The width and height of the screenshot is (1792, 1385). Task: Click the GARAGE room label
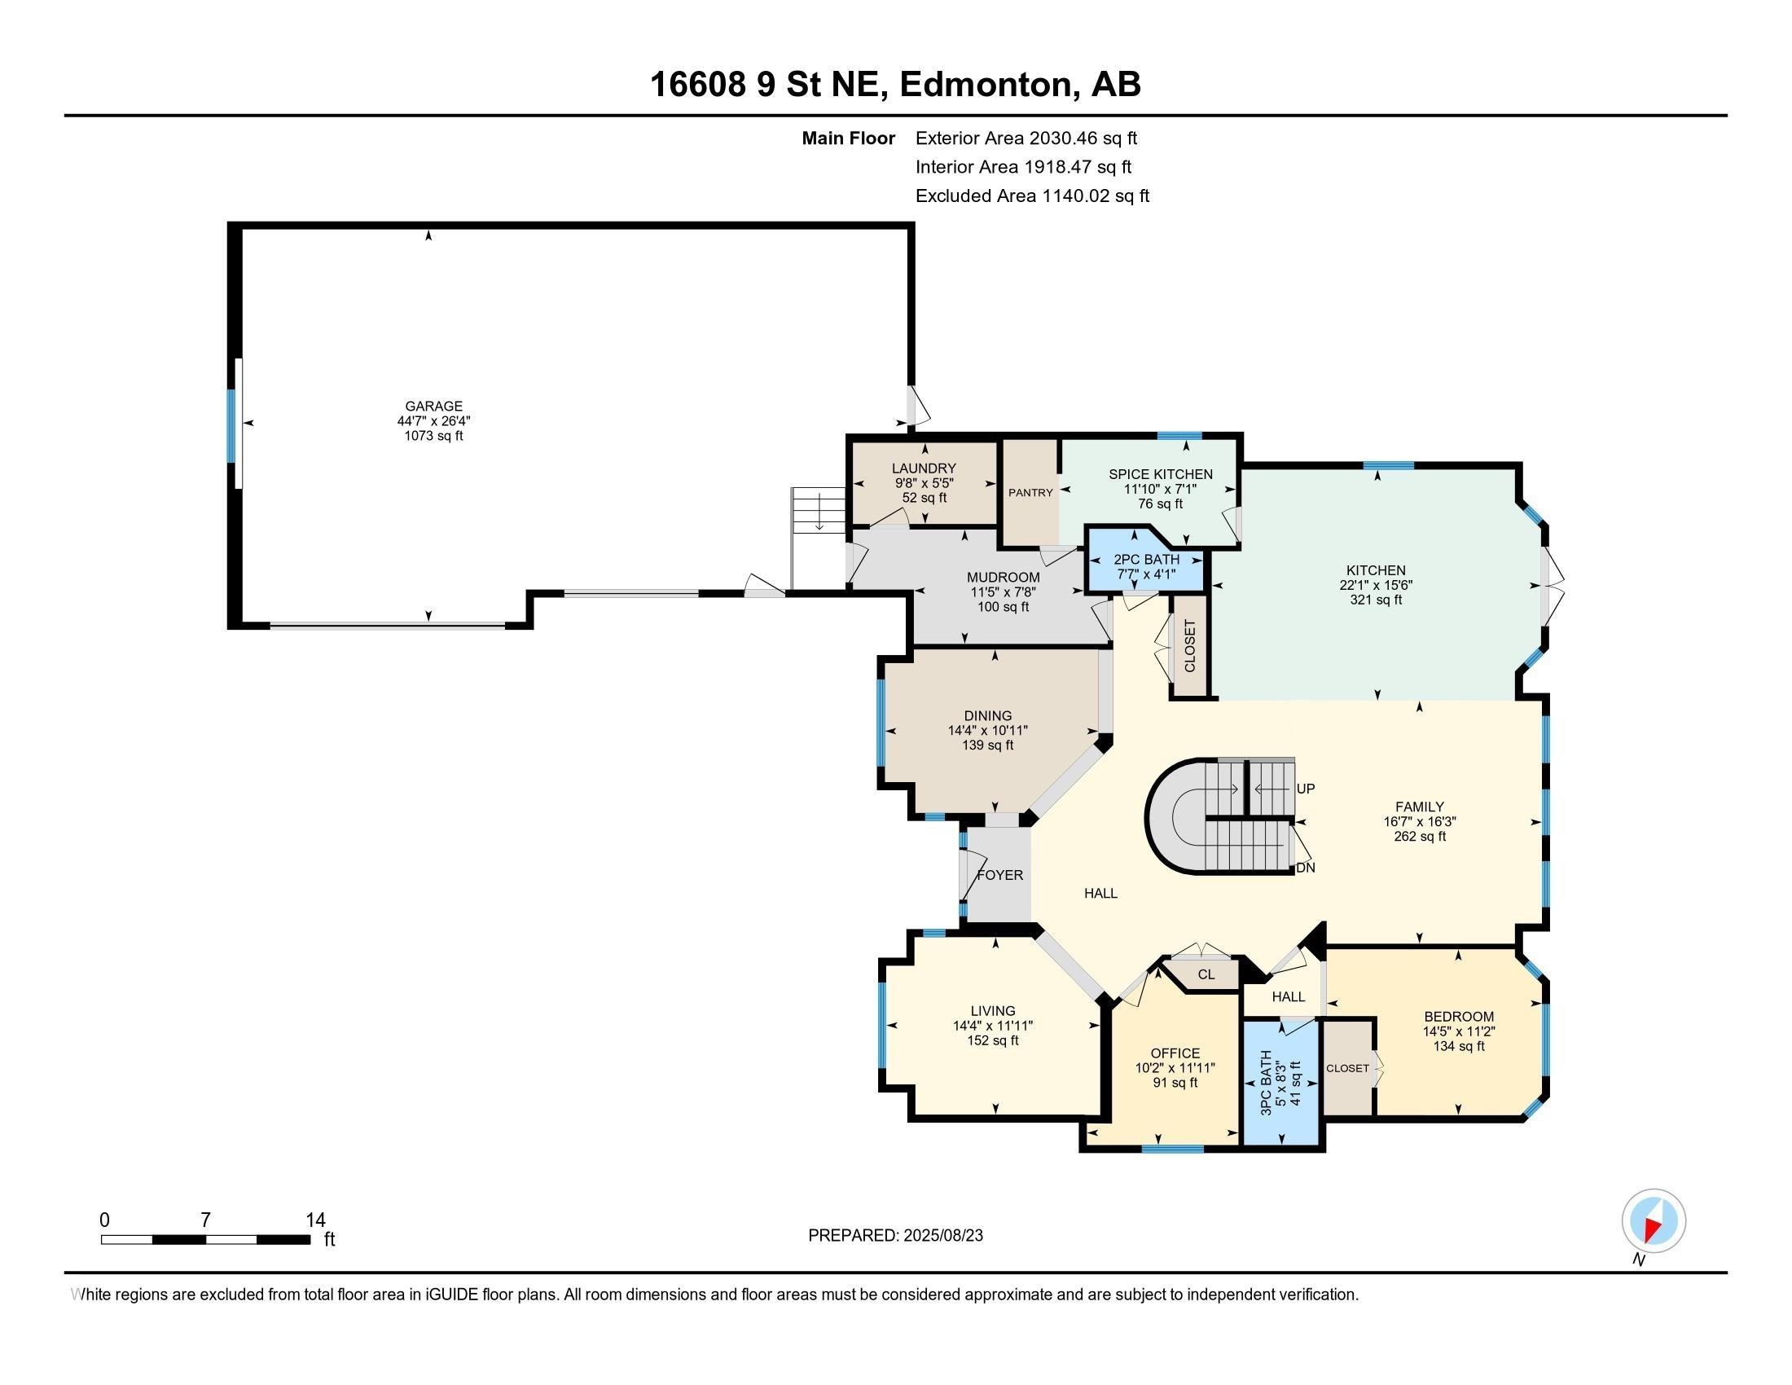[433, 406]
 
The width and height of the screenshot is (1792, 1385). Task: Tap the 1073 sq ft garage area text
[433, 436]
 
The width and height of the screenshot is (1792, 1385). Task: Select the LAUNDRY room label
[924, 468]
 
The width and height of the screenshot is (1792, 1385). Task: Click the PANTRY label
[1030, 492]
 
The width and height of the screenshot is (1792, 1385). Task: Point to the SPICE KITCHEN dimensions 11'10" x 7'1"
[1160, 489]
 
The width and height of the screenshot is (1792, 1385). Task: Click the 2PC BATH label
[1145, 560]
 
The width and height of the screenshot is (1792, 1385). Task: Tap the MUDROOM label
[1003, 577]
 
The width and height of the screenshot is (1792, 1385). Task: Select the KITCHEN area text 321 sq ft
[1376, 600]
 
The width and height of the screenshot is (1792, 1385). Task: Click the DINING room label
[988, 715]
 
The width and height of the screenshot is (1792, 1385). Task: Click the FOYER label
[999, 875]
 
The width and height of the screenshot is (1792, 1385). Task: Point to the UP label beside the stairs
[1306, 789]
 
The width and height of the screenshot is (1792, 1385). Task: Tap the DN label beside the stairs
[1306, 868]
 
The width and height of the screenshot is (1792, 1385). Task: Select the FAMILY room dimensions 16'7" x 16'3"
[1420, 821]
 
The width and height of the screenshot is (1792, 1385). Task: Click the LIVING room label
[993, 1011]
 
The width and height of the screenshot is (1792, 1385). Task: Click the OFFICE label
[1175, 1053]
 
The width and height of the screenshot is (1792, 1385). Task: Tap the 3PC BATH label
[1266, 1081]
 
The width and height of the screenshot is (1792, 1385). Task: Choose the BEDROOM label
[1458, 1016]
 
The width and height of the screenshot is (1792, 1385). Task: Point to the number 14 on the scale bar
[315, 1220]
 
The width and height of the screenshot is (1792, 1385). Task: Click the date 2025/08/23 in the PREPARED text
[942, 1236]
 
